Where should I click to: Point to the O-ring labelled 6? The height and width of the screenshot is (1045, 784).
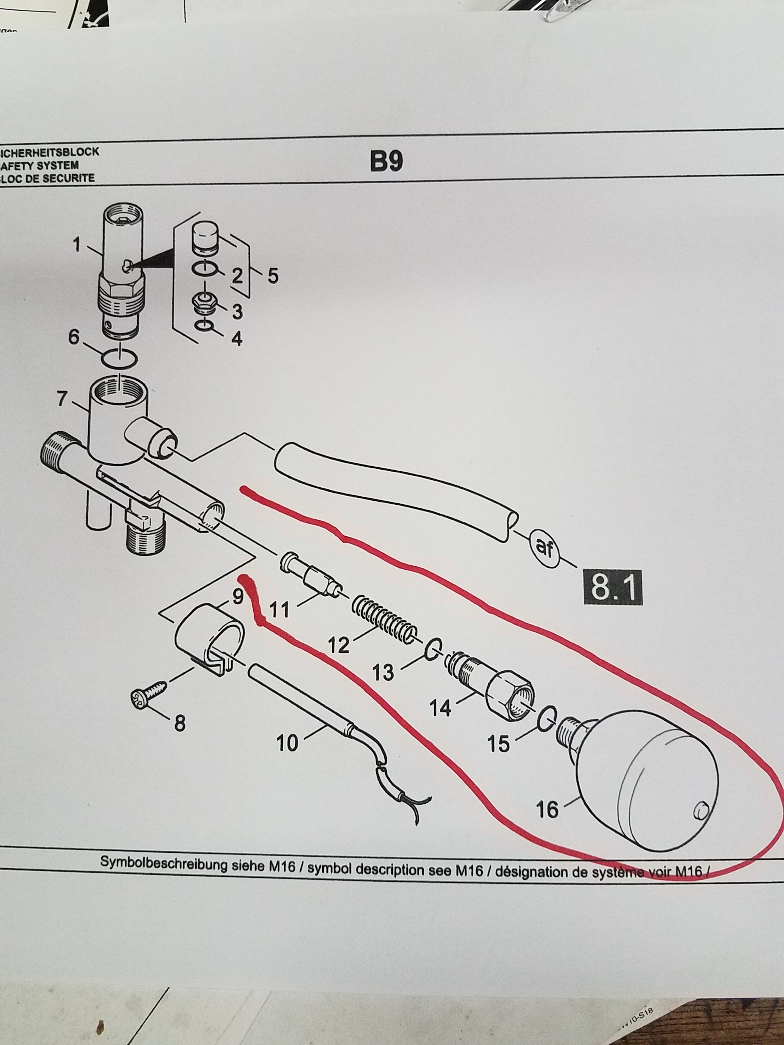pos(120,359)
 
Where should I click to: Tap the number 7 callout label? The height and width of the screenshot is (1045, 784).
pos(62,399)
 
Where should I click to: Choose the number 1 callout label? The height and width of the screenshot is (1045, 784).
pos(77,245)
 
